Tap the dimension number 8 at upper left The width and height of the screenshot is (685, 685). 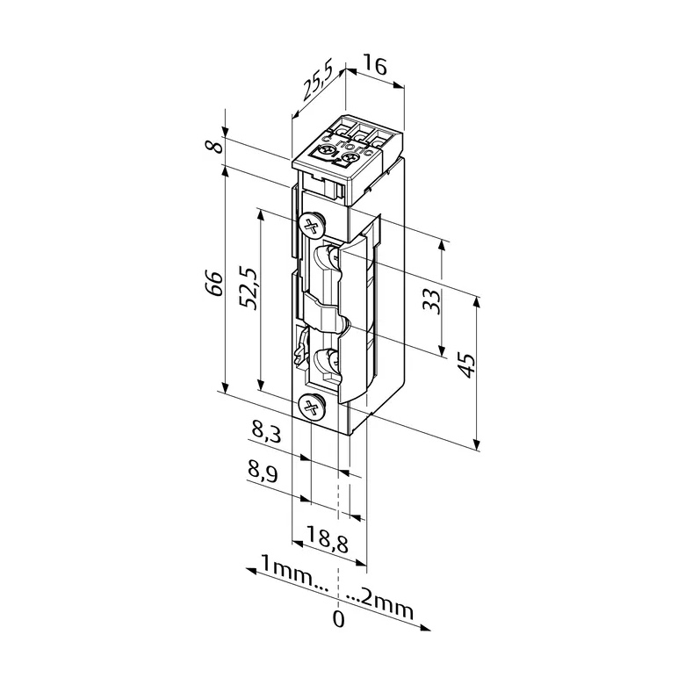[215, 146]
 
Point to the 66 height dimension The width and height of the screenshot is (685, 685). [214, 284]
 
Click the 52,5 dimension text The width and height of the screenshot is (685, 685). [250, 288]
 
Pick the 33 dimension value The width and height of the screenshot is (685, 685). [432, 301]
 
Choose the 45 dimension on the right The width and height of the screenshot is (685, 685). [466, 364]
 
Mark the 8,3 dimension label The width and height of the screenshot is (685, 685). [266, 432]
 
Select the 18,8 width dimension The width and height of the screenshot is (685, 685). [327, 538]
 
